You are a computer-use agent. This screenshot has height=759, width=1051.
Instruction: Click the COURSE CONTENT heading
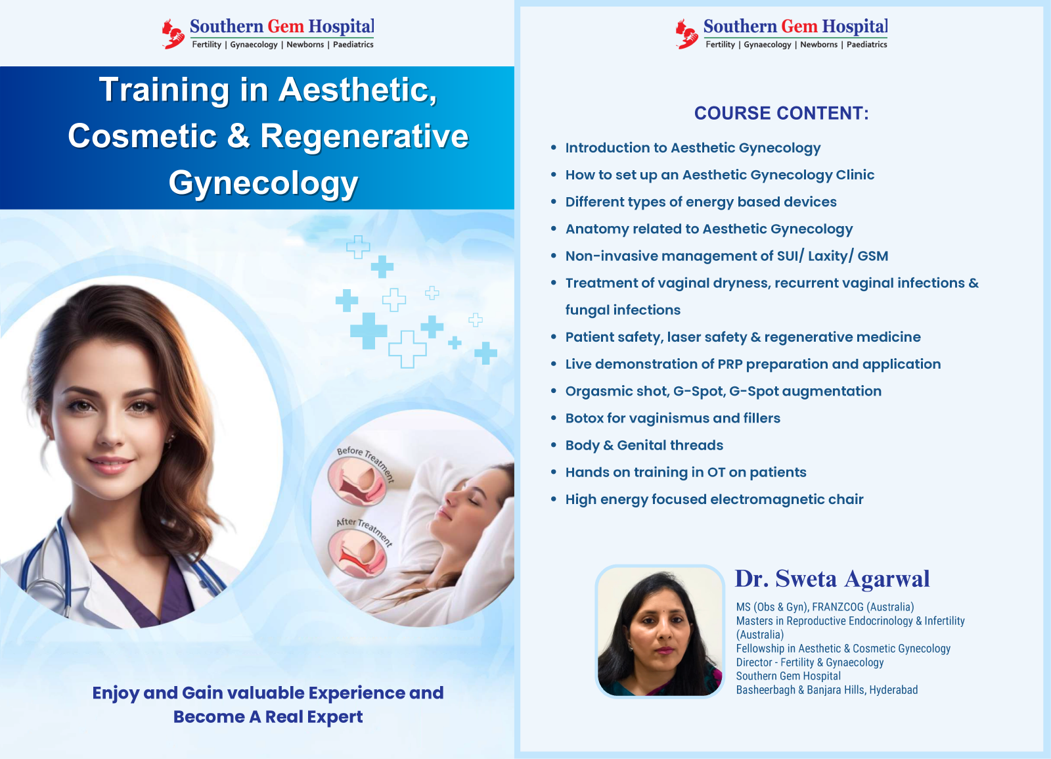point(781,114)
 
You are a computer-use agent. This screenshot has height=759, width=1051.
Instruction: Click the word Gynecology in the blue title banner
point(263,183)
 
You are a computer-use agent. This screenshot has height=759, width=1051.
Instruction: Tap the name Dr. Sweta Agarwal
point(832,579)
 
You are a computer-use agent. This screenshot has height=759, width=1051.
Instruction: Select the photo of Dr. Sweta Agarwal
point(660,631)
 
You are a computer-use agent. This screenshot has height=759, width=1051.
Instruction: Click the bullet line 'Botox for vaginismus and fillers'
point(673,419)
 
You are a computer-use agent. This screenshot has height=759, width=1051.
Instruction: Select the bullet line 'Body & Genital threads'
point(644,446)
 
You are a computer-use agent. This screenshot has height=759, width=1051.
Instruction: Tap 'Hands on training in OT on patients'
point(685,472)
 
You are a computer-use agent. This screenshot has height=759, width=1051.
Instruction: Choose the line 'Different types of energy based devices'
point(701,202)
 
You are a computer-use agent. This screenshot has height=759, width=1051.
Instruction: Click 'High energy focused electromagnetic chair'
point(714,499)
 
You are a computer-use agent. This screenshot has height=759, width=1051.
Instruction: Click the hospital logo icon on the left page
point(173,34)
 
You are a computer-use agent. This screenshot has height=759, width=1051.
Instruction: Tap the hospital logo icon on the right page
point(686,34)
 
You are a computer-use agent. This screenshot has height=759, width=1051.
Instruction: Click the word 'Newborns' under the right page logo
point(818,45)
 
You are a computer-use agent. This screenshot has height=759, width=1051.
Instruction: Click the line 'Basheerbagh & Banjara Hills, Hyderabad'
point(826,690)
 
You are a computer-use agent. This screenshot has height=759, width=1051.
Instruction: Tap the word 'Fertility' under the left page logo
point(206,45)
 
